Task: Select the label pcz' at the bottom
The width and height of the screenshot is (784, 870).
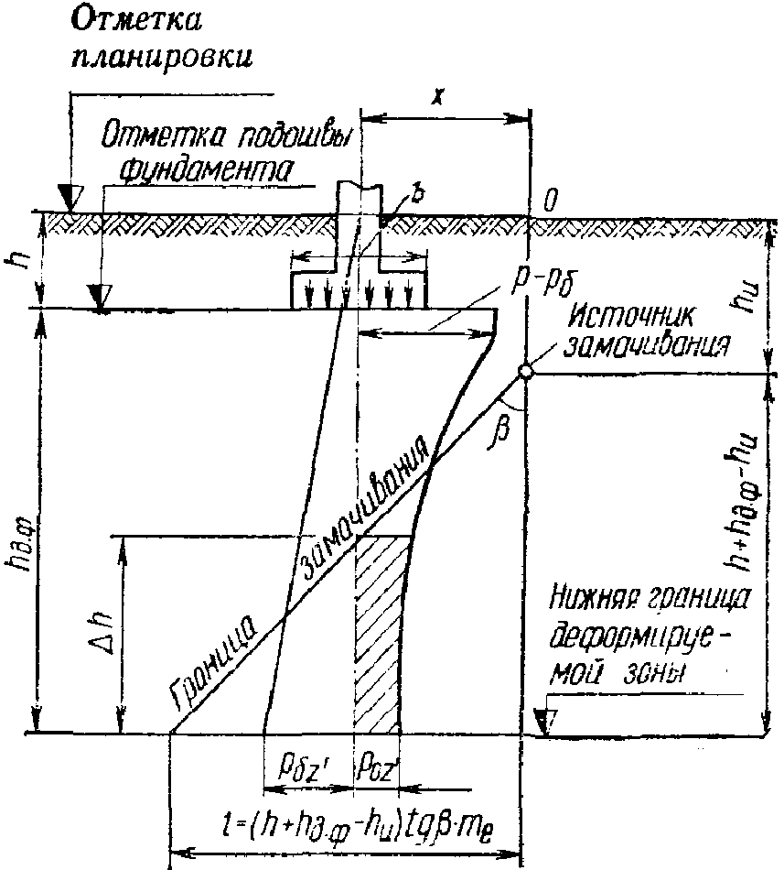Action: click(x=376, y=765)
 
